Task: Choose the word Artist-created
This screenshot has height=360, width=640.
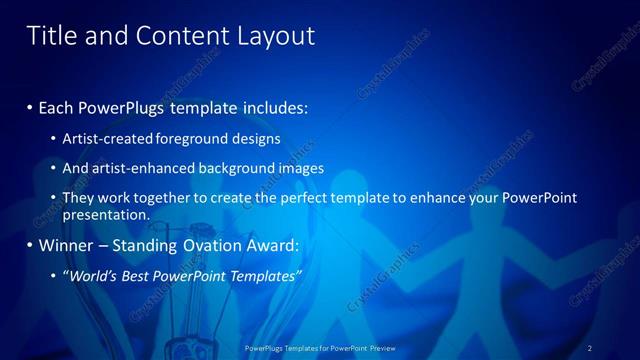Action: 108,138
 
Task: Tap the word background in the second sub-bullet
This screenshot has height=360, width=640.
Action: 239,168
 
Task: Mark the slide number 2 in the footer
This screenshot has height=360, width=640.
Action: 589,348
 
